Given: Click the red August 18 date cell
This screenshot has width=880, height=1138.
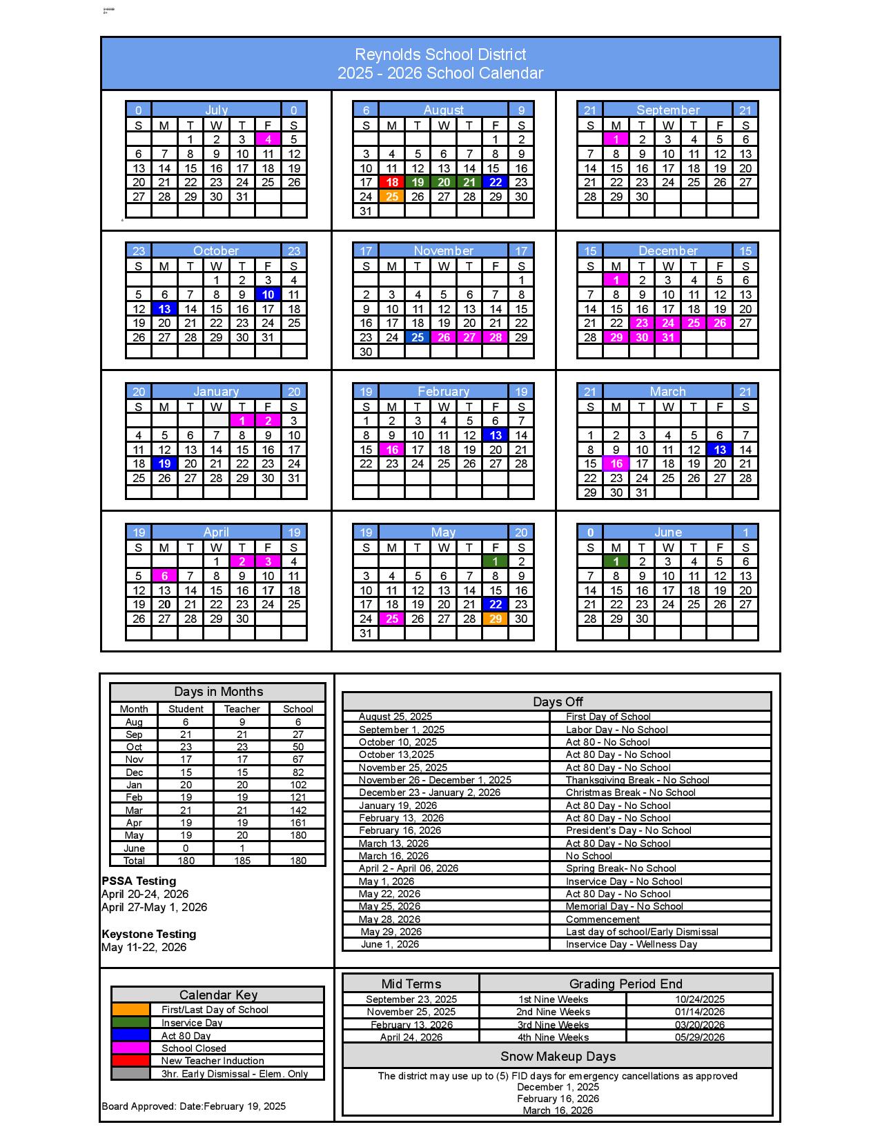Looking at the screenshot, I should [391, 182].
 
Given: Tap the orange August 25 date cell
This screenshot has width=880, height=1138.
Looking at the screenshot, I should [391, 197].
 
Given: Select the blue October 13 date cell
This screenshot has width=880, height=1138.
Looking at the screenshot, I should [164, 309].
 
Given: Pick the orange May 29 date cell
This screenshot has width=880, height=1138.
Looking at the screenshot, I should [495, 619].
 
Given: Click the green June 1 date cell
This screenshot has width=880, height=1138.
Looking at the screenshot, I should [616, 561].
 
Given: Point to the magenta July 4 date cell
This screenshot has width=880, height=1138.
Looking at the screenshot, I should [268, 139].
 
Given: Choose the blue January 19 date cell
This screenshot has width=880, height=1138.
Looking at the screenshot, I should [164, 463].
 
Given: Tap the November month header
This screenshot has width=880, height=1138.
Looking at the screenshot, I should [443, 251].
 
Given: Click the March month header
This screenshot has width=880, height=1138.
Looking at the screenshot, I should [667, 392].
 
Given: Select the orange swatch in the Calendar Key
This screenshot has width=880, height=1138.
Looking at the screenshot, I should [130, 1010].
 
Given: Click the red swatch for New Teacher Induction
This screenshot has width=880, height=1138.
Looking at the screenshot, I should [130, 1061].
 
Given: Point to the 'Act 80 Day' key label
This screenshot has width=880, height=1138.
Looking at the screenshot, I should [186, 1035].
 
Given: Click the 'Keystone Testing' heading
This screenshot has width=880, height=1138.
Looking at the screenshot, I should [149, 934].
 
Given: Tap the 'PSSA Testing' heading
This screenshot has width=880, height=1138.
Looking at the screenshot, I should [139, 881].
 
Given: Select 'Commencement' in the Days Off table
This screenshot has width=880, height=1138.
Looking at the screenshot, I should [603, 919].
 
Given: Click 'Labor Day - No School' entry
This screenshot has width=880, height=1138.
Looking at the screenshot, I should [616, 730].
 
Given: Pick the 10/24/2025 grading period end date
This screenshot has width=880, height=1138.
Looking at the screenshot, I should [699, 999].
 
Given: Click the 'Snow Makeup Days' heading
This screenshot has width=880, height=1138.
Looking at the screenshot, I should [558, 1057].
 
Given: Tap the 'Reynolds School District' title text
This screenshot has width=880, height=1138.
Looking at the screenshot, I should [440, 54].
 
